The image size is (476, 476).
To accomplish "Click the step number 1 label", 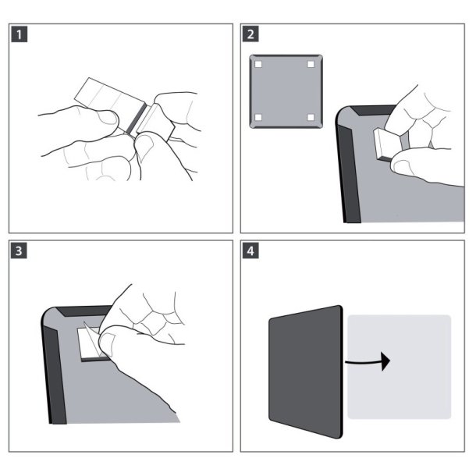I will point(17,34).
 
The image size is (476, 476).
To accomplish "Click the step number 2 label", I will point(250,34).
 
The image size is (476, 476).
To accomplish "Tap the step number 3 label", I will point(17,251).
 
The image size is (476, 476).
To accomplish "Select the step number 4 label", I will point(250,251).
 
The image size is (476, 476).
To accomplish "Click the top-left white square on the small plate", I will point(258,64).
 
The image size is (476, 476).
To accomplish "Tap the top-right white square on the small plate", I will point(310,64).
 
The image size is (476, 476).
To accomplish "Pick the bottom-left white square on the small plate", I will point(258,118).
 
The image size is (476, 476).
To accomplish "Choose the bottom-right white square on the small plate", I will point(310,118).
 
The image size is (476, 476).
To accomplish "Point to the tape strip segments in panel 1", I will point(105,98).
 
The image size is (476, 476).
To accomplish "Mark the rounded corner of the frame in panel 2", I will point(343,117).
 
